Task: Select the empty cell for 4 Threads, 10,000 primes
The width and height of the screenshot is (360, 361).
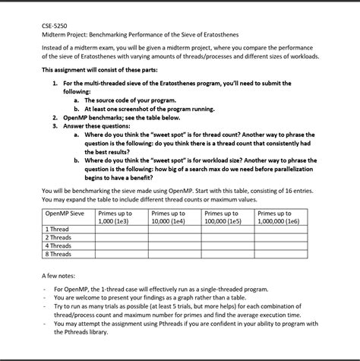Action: coord(174,245)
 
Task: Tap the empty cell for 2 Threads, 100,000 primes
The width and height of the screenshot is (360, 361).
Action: coord(228,237)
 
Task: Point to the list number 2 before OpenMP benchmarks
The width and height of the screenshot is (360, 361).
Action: coord(55,119)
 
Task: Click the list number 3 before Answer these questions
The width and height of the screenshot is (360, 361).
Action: coord(55,126)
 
